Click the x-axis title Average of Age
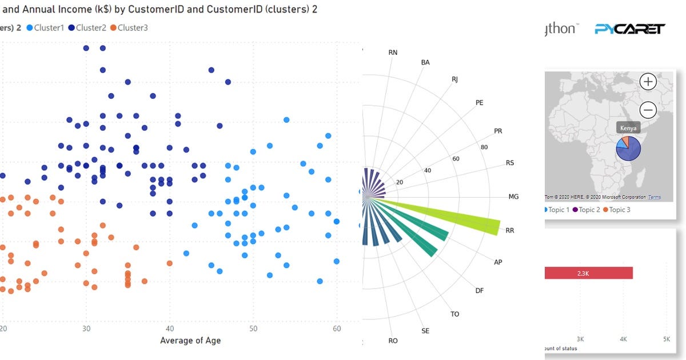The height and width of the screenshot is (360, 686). [x=190, y=341]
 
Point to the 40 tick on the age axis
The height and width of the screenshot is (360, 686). [x=170, y=329]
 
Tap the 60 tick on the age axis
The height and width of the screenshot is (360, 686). [x=337, y=329]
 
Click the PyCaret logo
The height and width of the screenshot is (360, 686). [x=629, y=29]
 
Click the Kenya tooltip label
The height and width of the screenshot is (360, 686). [x=627, y=128]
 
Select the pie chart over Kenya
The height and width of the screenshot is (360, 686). [x=628, y=148]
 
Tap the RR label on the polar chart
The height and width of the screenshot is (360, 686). [x=510, y=231]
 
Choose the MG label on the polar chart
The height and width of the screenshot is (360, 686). [x=513, y=197]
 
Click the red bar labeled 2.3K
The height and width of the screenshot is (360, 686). [x=588, y=273]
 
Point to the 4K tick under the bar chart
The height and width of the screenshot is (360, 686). [x=623, y=339]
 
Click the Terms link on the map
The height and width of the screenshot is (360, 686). [x=655, y=197]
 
